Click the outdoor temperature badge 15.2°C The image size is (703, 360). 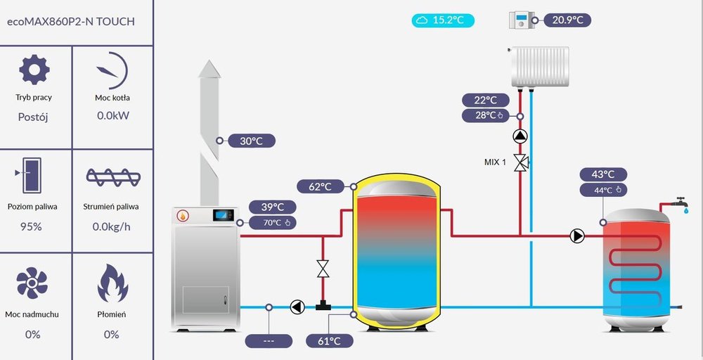pos(443,20)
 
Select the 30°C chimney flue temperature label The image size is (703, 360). pos(250,141)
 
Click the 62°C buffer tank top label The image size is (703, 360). pos(319,186)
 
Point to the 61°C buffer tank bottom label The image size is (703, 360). pos(328,341)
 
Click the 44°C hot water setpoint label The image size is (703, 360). pos(603,190)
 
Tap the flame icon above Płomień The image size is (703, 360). pos(111,283)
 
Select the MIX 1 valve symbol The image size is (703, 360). pos(520,162)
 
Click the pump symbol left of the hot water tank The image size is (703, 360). pos(577,236)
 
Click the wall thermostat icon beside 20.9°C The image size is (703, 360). pos(521,20)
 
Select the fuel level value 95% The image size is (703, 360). pos(32,226)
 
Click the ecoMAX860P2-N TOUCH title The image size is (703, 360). pos(70,21)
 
